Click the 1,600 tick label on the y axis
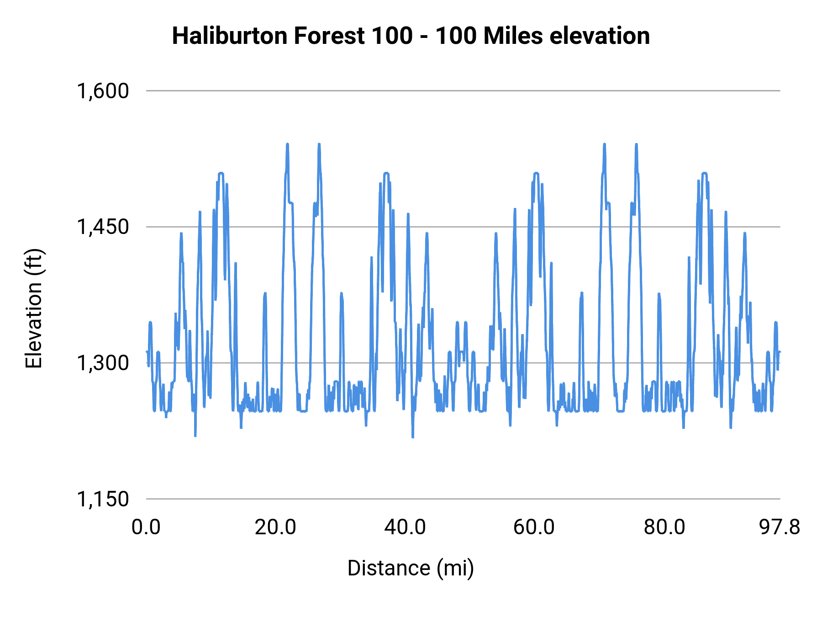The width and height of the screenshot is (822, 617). point(103,91)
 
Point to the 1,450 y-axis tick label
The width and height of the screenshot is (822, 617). point(103,227)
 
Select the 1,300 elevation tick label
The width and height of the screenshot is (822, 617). point(103,363)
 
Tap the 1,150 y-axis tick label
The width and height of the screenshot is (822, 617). point(103,499)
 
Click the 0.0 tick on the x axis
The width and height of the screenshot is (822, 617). point(146,527)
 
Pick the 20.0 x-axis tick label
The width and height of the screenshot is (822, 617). point(275,527)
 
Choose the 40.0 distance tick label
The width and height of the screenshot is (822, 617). point(405,527)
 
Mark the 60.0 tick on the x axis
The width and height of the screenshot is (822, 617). point(534,527)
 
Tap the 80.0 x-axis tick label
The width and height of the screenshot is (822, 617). point(664,527)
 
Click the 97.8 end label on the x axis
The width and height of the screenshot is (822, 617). point(780,527)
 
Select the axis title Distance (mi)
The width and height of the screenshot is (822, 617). point(411,568)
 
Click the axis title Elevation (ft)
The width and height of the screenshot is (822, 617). point(34,308)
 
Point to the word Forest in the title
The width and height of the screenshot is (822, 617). point(329,36)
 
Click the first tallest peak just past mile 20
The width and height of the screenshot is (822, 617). point(287,144)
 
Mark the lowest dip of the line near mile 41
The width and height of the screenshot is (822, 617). point(413,437)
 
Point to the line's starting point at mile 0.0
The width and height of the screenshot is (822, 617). point(147,351)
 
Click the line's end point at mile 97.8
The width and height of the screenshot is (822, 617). point(780,352)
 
